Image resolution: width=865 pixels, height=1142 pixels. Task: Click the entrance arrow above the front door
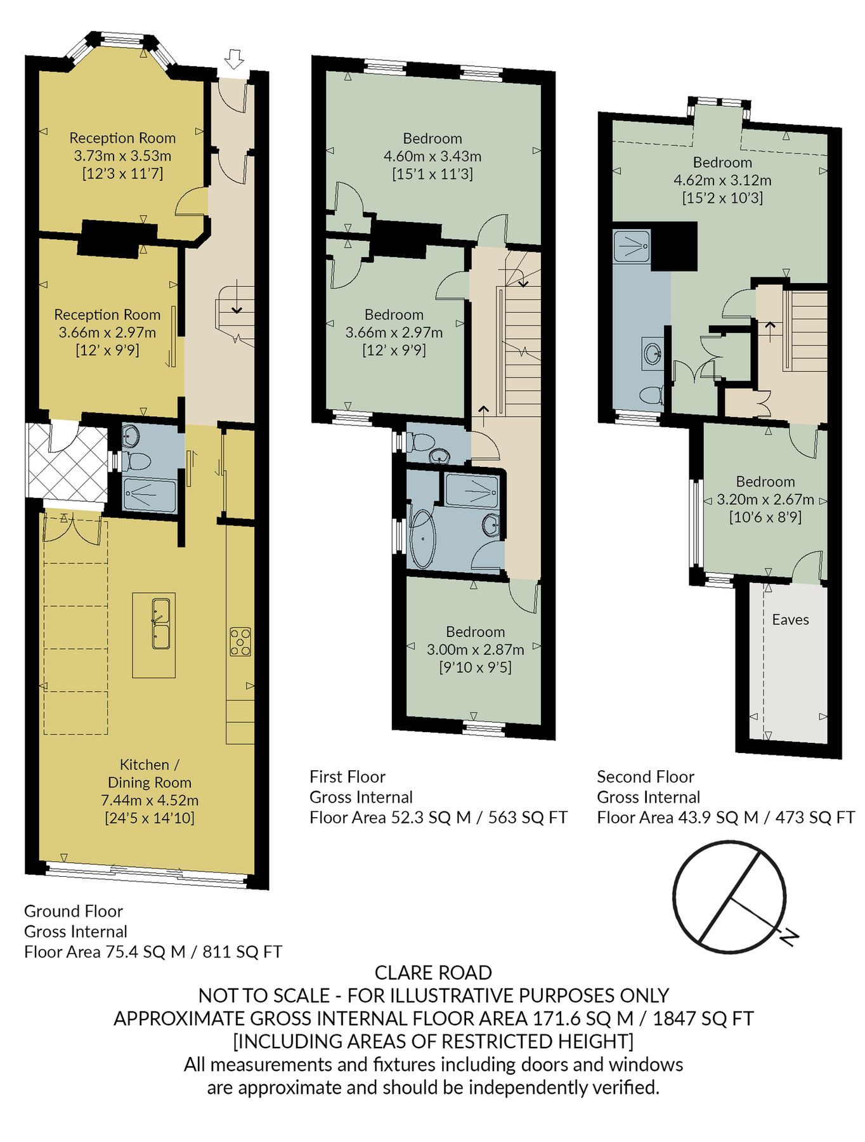point(235,59)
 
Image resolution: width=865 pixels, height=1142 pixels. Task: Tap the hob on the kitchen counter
point(240,641)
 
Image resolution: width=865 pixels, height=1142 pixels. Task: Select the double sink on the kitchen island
point(160,624)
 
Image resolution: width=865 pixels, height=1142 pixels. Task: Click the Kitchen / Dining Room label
point(150,773)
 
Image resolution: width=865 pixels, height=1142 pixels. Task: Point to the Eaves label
point(790,620)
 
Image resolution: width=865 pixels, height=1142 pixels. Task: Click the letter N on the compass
point(788,936)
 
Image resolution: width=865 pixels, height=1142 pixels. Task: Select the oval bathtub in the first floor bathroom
point(422,540)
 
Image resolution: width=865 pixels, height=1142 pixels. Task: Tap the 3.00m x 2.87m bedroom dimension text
point(475,650)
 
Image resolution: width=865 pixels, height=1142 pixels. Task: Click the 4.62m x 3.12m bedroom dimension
point(722,180)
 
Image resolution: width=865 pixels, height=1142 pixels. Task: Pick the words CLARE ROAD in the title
point(433,973)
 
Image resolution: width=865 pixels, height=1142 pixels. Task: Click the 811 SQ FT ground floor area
point(242,952)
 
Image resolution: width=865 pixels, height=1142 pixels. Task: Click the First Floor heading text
point(348,777)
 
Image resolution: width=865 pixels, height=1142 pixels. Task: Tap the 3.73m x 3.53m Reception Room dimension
point(122,155)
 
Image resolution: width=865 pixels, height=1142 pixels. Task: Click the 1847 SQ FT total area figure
point(703,1018)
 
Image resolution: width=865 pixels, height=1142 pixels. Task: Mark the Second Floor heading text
point(645,777)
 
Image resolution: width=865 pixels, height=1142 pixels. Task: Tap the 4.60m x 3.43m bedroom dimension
point(432,156)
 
